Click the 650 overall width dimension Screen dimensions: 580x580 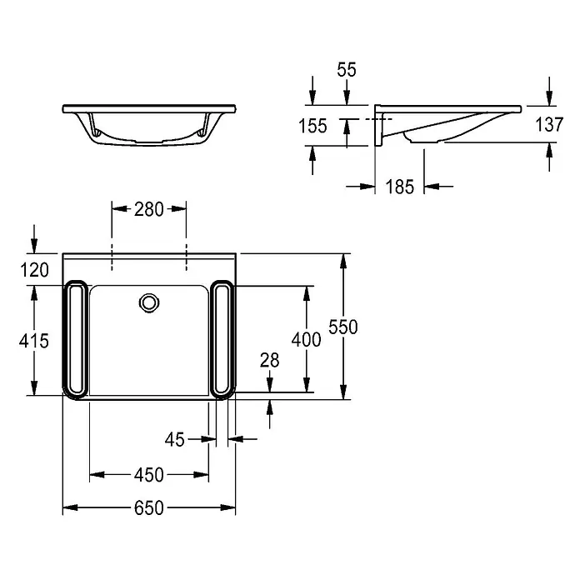coord(148,507)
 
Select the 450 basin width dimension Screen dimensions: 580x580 coord(148,474)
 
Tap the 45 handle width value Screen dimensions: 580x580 coord(175,439)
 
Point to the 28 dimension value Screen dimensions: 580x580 coord(270,360)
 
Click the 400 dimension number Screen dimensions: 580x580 coord(307,339)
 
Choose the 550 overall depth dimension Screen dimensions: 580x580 coord(343,327)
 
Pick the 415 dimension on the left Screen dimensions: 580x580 coord(34,341)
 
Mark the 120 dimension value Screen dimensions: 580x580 coord(34,270)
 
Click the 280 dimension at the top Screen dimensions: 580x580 coord(148,209)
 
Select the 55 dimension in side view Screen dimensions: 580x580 coord(347,69)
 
